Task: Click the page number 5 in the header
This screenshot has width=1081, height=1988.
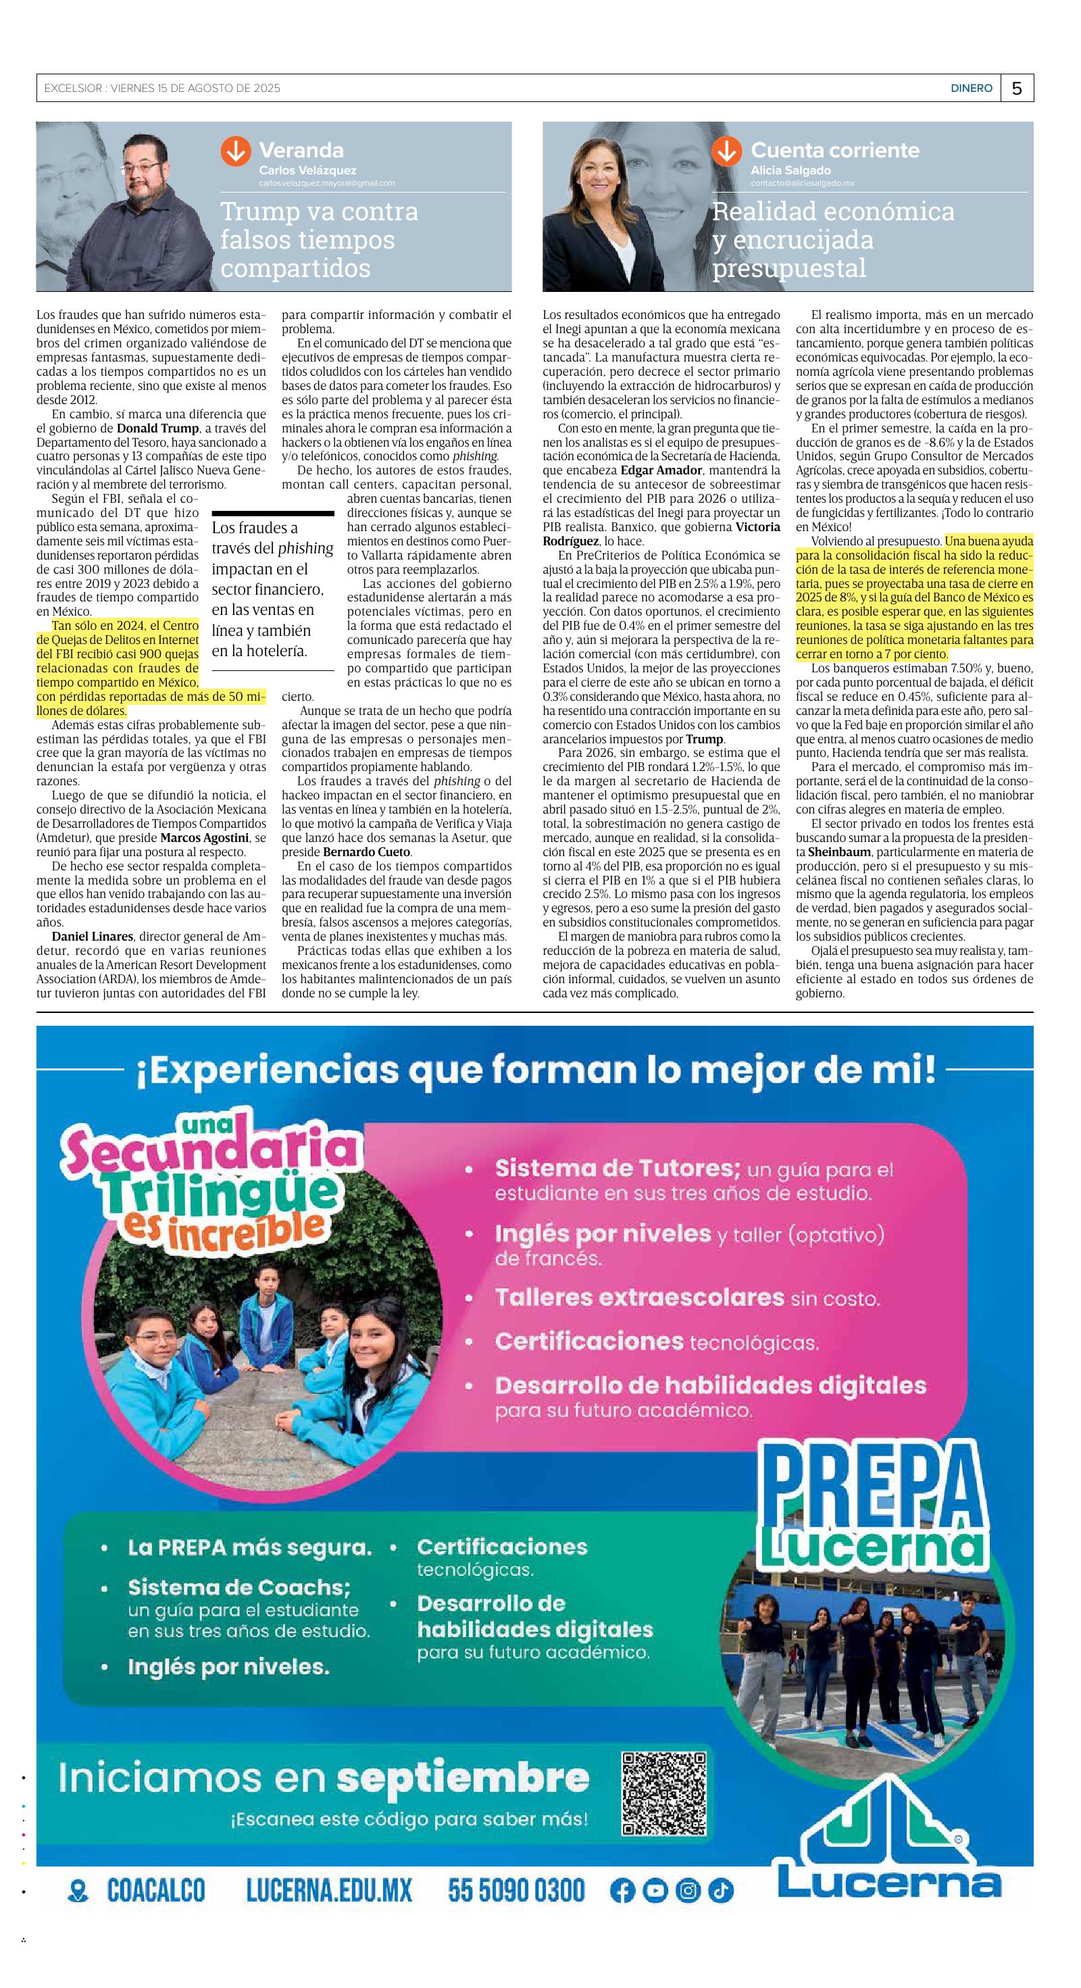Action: click(x=1016, y=89)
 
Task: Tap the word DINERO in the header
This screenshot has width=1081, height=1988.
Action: click(x=971, y=89)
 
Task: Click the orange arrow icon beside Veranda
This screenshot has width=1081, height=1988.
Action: click(x=236, y=151)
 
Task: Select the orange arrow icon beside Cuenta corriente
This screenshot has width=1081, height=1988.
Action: click(x=726, y=151)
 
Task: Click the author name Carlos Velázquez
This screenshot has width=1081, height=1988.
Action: click(x=307, y=170)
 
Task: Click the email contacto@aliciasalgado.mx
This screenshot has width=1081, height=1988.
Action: click(x=803, y=184)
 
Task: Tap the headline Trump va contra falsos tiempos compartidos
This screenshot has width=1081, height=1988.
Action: click(x=319, y=239)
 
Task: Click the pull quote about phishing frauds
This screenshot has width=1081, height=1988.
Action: click(x=272, y=589)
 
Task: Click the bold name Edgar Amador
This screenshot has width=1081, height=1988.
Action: click(x=661, y=470)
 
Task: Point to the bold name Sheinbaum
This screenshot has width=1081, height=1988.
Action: click(x=838, y=852)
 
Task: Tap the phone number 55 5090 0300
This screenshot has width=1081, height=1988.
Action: click(x=516, y=1891)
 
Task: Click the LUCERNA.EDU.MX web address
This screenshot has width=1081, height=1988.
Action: click(x=329, y=1891)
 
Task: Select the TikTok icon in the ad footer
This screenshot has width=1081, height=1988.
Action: click(x=721, y=1891)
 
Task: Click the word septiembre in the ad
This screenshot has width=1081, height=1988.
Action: click(x=463, y=1778)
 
